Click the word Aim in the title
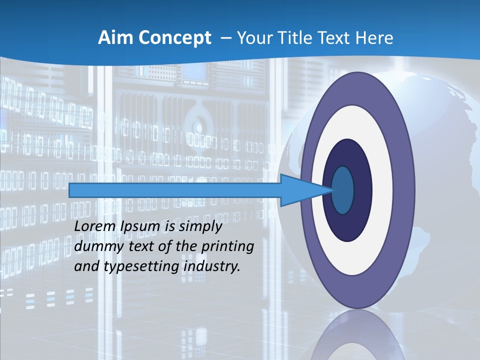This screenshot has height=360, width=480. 113,38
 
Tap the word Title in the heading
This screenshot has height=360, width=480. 300,38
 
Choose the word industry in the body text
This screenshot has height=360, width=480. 212,266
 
